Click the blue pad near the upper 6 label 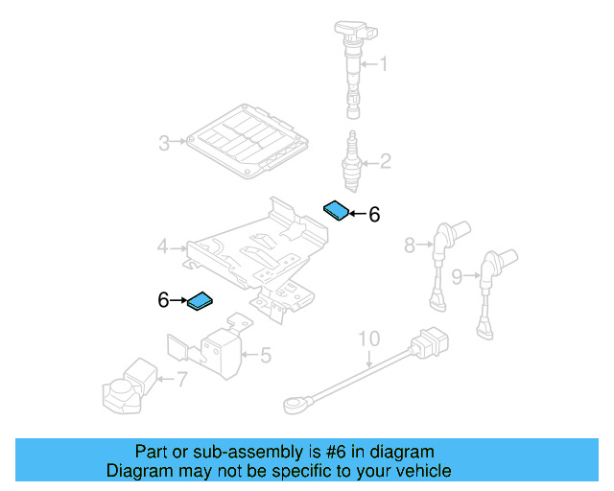click(337, 209)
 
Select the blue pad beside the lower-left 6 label click(201, 301)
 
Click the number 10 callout click(369, 339)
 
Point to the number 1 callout click(385, 65)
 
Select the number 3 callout click(164, 144)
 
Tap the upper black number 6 click(374, 215)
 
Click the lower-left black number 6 click(164, 301)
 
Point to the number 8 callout click(409, 245)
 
